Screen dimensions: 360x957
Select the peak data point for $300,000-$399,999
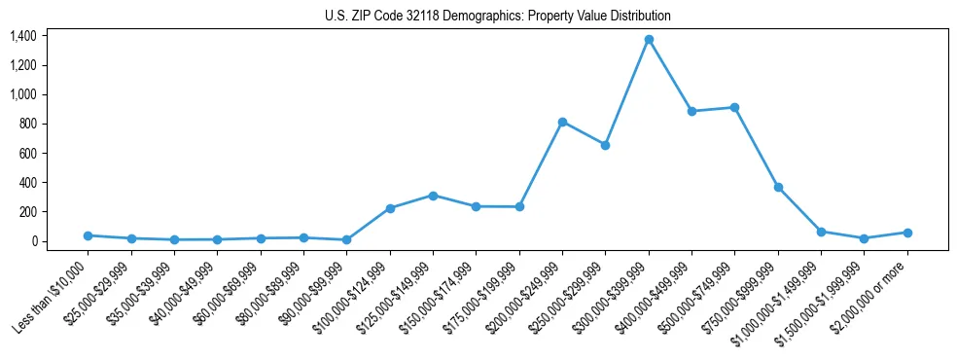click(649, 40)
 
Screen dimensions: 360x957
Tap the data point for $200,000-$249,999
click(562, 122)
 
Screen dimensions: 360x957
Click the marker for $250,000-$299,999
click(605, 145)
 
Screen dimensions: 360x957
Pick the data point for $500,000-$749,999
click(734, 107)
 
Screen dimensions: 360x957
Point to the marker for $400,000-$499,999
click(691, 111)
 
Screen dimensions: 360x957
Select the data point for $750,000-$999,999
click(778, 187)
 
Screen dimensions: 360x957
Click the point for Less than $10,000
click(89, 235)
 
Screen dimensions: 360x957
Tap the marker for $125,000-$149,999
click(433, 196)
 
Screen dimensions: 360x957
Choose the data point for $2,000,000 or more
click(907, 233)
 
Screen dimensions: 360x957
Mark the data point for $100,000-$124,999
click(390, 208)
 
